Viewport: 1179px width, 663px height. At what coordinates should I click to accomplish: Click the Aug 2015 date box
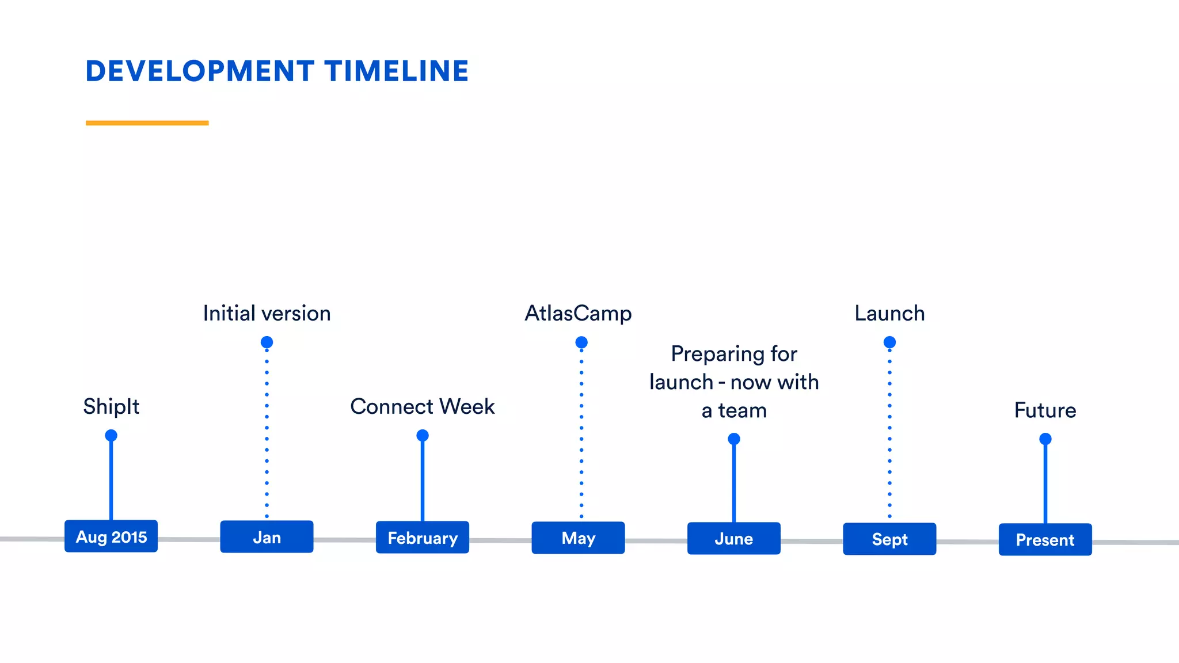pos(111,536)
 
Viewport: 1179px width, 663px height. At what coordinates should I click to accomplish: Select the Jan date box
pos(267,537)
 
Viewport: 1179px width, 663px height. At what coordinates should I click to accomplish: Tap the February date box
pos(423,538)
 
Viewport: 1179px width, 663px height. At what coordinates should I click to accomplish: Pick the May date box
pos(578,538)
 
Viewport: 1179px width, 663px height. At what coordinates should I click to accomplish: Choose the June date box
pos(734,539)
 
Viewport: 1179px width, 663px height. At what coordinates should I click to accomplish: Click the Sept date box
pos(889,539)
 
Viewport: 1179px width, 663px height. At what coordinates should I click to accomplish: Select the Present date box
pos(1045,540)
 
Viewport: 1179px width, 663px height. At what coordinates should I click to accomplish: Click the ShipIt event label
pos(111,407)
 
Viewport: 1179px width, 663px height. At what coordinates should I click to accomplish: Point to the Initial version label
pos(267,314)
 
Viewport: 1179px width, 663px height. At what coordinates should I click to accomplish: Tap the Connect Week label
pos(423,407)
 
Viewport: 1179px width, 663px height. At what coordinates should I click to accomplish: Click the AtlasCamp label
pos(578,314)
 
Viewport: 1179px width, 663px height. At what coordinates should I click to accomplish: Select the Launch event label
pos(889,314)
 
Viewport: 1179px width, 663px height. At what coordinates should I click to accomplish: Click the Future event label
pos(1045,410)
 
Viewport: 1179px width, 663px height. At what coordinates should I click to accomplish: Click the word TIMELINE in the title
pos(397,71)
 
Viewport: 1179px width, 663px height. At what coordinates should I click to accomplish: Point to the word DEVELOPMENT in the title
pos(200,71)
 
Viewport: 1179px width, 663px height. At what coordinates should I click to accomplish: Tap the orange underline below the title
pos(147,123)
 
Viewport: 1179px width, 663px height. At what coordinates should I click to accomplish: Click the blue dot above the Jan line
pos(267,342)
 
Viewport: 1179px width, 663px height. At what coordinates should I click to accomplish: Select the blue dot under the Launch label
pos(889,342)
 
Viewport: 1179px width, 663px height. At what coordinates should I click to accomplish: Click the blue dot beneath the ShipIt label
pos(111,435)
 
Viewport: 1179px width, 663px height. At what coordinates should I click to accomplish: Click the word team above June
pos(743,411)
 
